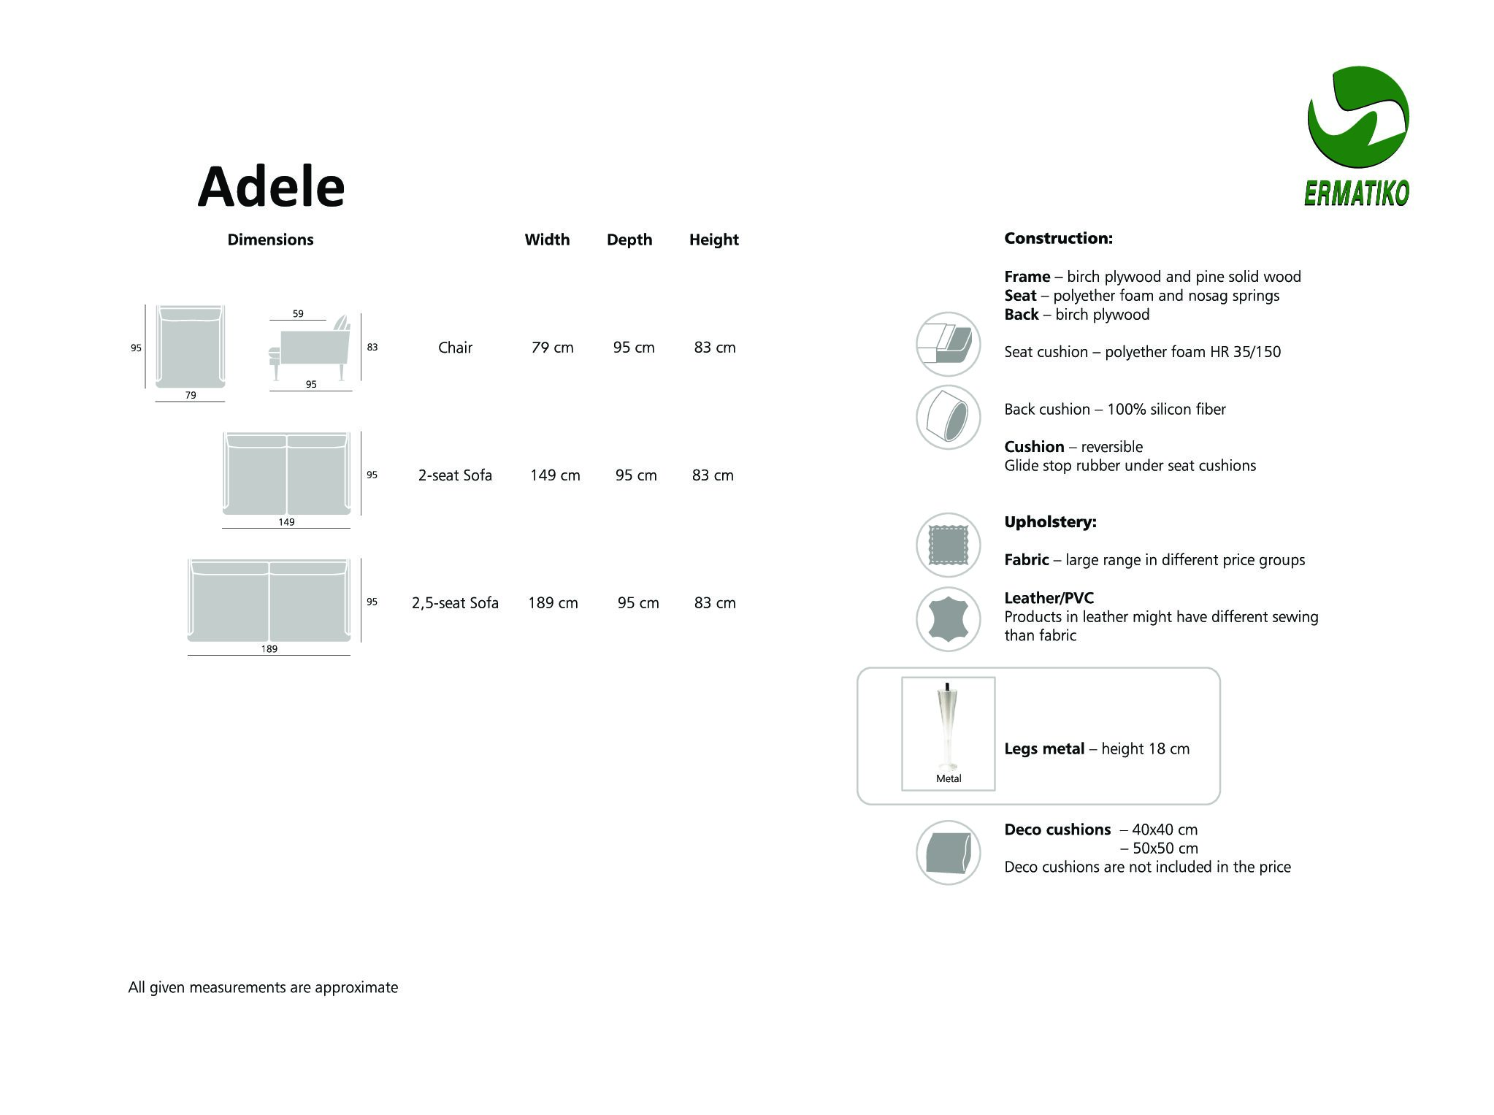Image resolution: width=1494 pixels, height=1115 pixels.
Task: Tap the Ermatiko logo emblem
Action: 1357,118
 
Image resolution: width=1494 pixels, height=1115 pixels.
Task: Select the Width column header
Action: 547,240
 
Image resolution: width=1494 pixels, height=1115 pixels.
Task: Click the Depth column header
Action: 629,240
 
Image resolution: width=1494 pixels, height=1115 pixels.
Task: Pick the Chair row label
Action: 455,348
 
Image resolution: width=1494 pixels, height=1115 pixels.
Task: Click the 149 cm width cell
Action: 555,475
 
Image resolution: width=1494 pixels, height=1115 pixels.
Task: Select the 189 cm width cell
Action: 553,603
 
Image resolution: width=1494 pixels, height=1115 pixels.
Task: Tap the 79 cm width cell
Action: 553,348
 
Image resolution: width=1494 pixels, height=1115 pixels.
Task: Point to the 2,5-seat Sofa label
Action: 455,603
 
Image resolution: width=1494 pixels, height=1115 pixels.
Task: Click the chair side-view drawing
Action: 310,348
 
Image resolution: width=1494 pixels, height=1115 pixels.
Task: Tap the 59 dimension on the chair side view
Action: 298,313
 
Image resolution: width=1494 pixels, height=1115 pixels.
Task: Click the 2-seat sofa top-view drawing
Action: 286,473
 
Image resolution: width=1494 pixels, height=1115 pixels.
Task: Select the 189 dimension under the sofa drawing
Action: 269,648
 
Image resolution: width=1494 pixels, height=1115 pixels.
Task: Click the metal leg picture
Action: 948,733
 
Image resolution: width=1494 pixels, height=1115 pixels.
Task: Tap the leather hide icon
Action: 948,619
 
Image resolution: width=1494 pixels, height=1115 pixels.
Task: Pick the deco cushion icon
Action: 948,852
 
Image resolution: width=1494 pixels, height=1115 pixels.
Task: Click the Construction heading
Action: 1058,238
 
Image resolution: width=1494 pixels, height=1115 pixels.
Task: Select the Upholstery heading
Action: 1050,522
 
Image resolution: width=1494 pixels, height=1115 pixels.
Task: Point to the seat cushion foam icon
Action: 948,344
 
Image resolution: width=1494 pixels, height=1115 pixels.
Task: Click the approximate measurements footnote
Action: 263,987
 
